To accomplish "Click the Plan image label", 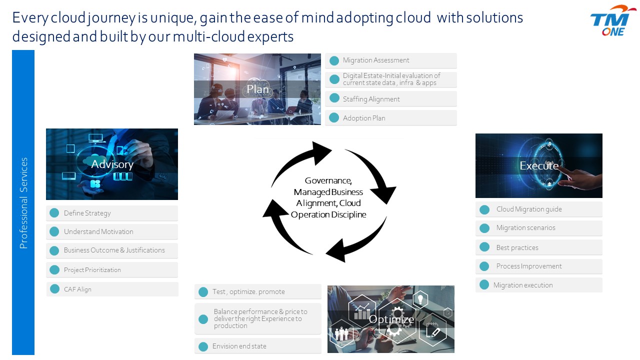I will pos(257,89).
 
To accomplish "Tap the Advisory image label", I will pos(112,164).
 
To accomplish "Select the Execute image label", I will pos(539,165).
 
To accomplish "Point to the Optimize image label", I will pos(391,319).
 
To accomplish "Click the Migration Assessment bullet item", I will pos(376,60).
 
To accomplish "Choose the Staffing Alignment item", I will pos(371,99).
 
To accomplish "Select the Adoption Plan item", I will pos(364,118).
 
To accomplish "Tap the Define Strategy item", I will pos(87,213).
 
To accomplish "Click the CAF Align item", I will pos(77,289).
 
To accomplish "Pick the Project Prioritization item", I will pos(92,270).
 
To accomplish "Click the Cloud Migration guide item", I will pos(529,209).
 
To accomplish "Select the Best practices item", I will pos(517,247).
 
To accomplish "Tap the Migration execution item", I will pos(523,285).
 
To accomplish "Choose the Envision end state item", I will pos(239,346).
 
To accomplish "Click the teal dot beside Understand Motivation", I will pos(54,231).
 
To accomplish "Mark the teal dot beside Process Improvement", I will pos(484,266).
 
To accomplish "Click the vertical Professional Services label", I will pos(23,203).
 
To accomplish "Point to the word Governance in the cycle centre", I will pos(328,180).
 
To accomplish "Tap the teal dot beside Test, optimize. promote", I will pos(203,292).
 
